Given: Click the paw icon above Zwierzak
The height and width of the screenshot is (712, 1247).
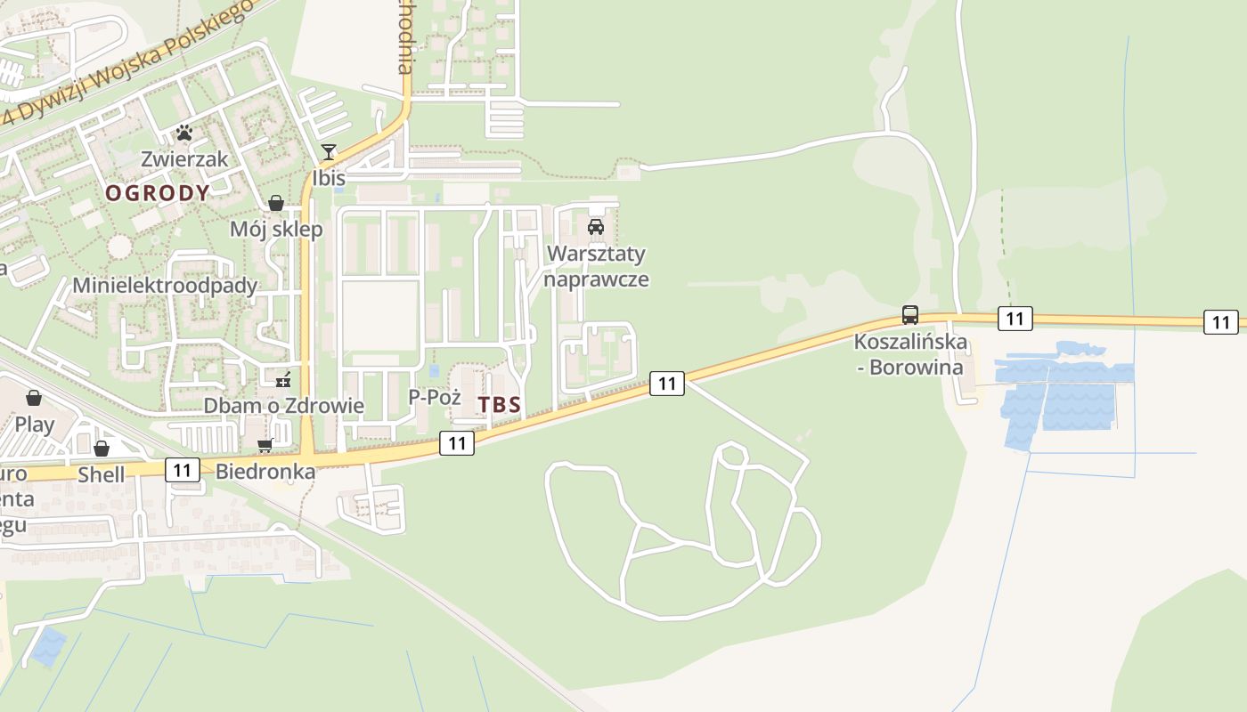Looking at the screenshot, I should point(184,133).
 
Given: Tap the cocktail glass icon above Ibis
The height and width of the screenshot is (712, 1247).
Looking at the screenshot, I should point(329,151).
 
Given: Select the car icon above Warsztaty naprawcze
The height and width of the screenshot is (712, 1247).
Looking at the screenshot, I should point(596,227).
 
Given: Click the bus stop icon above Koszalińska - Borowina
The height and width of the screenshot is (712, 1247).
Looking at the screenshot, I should point(909,315).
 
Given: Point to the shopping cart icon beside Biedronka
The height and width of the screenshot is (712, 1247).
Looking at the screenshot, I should point(265,445).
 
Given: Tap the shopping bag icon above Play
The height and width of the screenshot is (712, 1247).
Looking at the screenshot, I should point(34,398).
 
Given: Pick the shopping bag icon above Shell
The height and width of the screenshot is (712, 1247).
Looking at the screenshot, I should point(102,449).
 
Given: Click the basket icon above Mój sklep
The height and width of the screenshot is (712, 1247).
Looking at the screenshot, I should point(276,203).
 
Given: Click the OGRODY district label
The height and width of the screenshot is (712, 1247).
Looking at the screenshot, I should point(158,193).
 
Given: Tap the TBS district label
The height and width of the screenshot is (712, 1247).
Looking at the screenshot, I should point(499,405).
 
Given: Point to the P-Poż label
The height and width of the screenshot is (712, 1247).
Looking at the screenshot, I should point(435,397).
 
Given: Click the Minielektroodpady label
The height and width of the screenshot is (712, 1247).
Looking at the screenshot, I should point(165,286).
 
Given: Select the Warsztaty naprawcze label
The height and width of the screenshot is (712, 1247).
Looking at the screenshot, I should point(596,266).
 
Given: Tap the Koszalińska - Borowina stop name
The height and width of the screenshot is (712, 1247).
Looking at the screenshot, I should point(909,354).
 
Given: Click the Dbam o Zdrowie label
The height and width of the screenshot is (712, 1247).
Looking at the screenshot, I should point(284,406).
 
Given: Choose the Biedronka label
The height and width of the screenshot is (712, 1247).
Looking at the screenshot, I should point(265,471).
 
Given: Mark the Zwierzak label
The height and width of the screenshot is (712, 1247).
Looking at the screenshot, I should point(184,159).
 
